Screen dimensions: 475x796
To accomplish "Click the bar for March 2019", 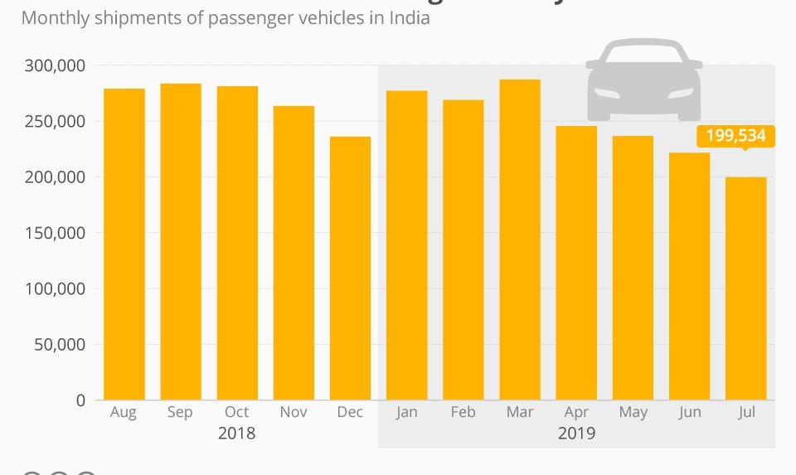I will click(520, 240).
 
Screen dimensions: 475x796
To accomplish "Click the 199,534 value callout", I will click(735, 136).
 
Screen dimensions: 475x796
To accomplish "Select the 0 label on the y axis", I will click(80, 400).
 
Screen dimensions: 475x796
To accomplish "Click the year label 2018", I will click(236, 433).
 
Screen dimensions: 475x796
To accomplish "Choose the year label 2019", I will click(576, 433).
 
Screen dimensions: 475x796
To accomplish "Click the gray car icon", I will click(643, 80).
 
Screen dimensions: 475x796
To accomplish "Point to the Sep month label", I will click(180, 413).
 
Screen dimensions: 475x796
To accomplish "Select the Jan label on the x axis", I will click(406, 413).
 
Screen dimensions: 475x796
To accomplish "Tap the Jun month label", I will click(689, 413).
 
